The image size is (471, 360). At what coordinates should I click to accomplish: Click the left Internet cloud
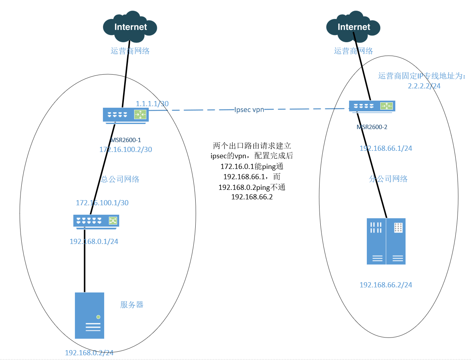[130, 27]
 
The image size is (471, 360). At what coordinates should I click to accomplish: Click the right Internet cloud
[353, 27]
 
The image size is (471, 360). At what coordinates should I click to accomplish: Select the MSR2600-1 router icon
[125, 115]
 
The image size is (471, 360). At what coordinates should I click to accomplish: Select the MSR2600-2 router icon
[372, 106]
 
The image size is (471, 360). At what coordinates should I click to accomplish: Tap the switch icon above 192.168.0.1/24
[96, 221]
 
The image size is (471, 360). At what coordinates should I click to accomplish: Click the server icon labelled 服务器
[90, 315]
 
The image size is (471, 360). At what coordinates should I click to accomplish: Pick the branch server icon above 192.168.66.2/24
[386, 241]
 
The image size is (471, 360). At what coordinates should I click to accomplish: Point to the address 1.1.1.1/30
[152, 104]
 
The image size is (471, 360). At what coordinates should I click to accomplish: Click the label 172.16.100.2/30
[126, 150]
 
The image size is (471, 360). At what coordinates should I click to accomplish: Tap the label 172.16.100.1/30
[102, 203]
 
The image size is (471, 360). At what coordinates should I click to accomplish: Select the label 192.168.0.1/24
[94, 241]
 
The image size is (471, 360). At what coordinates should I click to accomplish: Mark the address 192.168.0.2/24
[89, 353]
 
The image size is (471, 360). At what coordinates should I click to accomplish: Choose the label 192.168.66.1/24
[386, 148]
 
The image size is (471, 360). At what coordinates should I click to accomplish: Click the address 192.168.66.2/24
[386, 285]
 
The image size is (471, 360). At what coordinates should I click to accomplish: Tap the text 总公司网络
[120, 179]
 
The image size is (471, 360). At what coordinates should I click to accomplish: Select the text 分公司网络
[388, 179]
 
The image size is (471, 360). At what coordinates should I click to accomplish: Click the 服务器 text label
[131, 305]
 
